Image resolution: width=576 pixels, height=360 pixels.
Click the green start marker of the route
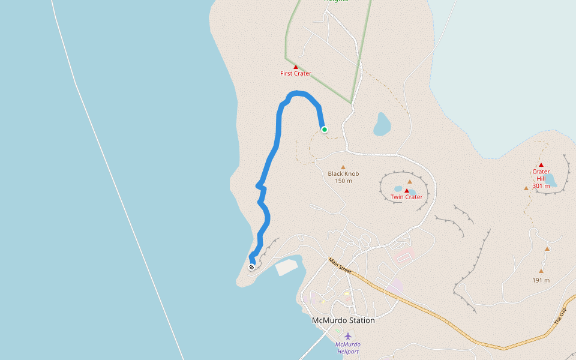[325, 130]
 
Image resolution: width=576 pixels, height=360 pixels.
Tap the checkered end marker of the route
[251, 267]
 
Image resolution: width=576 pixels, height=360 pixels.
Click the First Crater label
[296, 74]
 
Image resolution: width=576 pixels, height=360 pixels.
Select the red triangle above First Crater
[296, 67]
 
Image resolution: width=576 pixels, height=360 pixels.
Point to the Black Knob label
[343, 174]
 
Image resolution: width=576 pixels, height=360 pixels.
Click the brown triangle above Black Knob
[343, 167]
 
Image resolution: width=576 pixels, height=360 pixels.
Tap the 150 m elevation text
[343, 181]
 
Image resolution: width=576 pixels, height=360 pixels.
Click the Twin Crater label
[406, 197]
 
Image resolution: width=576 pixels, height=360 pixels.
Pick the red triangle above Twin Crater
[407, 191]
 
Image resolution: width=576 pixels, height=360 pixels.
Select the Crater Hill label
[541, 175]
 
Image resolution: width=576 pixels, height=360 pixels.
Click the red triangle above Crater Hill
[541, 165]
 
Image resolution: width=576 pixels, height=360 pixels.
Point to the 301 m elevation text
[541, 186]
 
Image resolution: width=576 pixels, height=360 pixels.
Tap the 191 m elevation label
[541, 280]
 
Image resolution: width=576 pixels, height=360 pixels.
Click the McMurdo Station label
[343, 320]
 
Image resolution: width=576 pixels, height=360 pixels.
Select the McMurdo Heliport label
[347, 348]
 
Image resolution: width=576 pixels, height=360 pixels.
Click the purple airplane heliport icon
[347, 336]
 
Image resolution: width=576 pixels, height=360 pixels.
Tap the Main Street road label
[340, 266]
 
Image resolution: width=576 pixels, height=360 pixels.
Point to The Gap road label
[560, 316]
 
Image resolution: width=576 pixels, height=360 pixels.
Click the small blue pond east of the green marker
[382, 124]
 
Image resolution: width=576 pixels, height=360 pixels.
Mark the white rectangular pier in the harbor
[286, 268]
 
